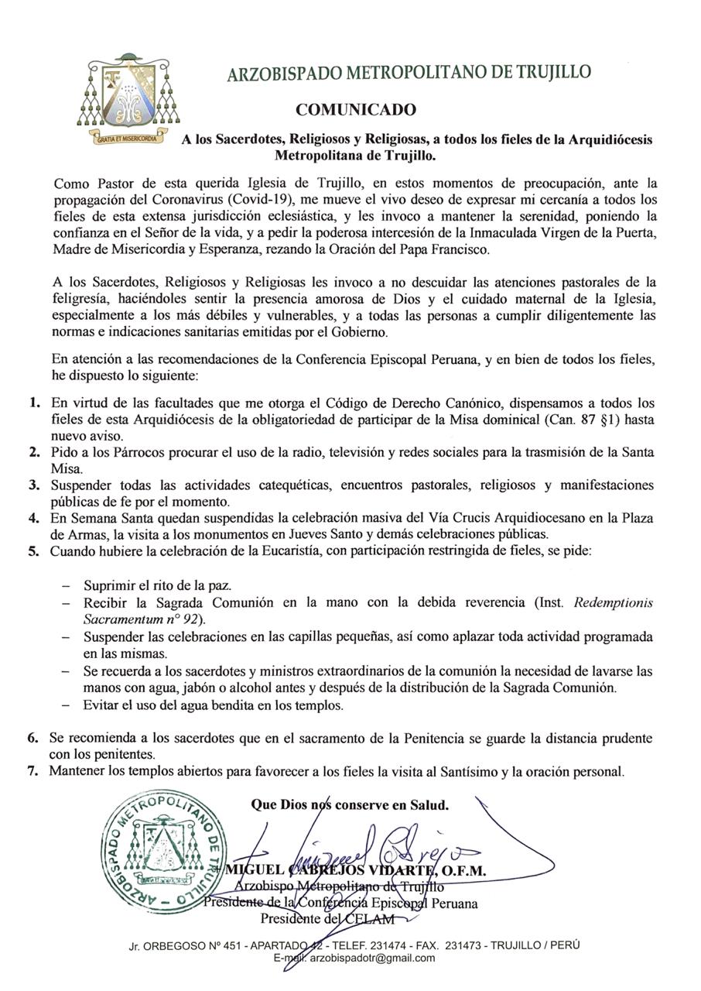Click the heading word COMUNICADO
click(355, 110)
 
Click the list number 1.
click(34, 403)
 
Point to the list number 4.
click(34, 519)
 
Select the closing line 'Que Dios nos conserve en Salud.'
click(350, 805)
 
